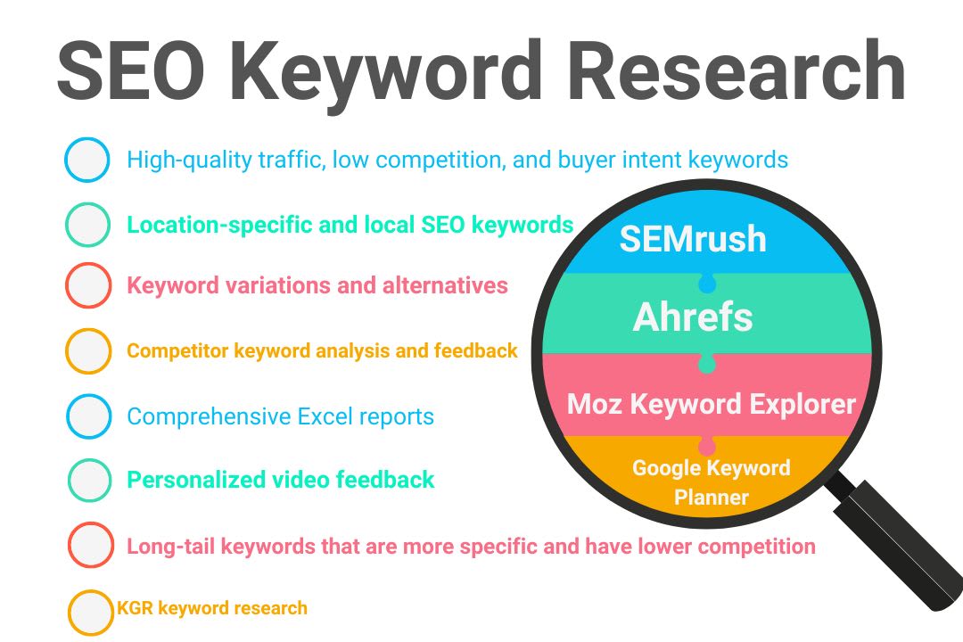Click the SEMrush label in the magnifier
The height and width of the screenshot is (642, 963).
[693, 238]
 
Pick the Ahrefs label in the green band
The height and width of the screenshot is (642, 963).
[693, 317]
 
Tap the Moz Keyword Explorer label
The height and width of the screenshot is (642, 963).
[711, 404]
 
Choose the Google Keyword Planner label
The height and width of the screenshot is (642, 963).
[711, 482]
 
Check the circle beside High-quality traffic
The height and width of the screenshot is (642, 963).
[87, 160]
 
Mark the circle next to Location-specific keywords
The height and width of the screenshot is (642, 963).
[87, 225]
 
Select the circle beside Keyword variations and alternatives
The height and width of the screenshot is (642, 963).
[87, 286]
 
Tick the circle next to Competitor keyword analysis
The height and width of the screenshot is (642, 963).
[87, 351]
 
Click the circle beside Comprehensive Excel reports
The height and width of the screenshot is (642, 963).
[88, 416]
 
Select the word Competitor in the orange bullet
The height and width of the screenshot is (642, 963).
[177, 350]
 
